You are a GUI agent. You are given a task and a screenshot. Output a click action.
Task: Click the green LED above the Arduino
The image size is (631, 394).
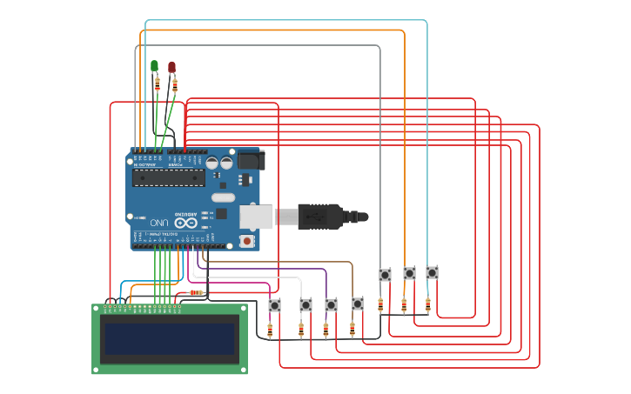point(155,66)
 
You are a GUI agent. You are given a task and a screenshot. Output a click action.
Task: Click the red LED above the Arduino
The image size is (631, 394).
point(171,67)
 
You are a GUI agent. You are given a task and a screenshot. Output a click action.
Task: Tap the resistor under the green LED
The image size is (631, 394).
point(158,83)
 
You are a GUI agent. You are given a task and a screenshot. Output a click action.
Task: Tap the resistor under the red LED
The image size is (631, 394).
point(175,84)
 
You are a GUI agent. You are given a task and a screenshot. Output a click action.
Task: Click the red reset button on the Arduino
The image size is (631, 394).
point(247,240)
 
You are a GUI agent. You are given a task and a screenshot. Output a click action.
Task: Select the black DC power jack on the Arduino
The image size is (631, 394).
point(251,160)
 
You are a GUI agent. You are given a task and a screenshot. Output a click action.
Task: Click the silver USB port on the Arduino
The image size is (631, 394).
point(257,216)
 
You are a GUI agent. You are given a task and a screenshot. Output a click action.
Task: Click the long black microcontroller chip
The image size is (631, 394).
point(168,177)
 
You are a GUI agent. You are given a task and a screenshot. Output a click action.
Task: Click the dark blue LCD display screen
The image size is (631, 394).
point(170,339)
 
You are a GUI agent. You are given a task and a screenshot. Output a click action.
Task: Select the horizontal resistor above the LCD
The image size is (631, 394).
point(196,292)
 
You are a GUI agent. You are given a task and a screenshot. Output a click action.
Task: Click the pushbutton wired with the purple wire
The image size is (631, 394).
point(331,305)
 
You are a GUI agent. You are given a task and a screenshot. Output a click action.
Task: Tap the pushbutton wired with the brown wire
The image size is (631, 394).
point(358,304)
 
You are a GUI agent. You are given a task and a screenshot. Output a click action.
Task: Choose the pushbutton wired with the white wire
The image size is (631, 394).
point(305,305)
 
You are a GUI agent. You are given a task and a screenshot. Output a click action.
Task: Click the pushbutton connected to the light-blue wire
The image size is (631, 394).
point(432,272)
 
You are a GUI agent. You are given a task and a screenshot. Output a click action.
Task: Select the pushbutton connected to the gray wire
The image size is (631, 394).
point(385,275)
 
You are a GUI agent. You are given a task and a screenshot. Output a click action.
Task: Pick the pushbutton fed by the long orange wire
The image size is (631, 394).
point(409,273)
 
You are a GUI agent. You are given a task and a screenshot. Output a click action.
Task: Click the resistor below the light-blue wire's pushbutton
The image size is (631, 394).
point(427,304)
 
